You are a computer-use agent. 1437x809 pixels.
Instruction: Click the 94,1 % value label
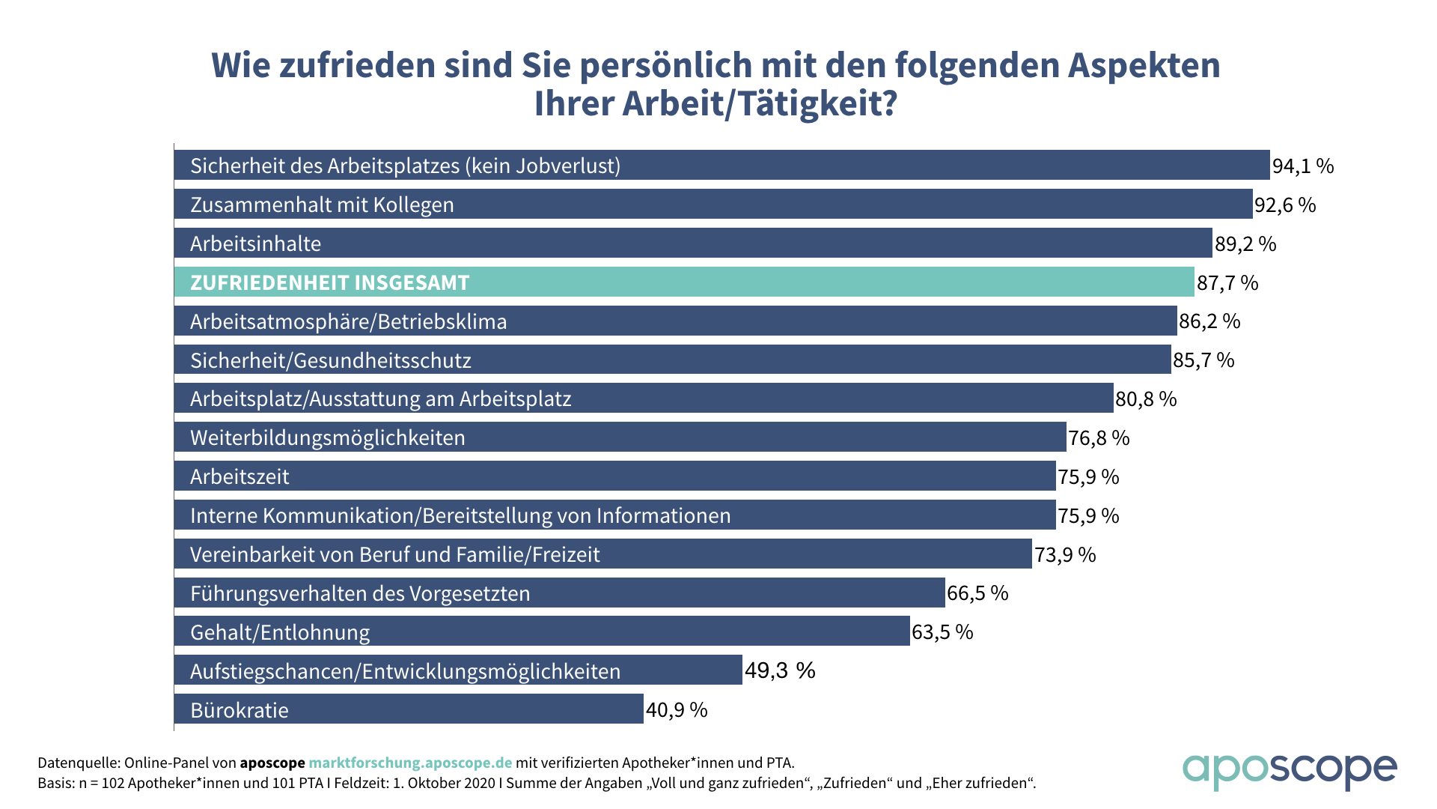click(x=1303, y=166)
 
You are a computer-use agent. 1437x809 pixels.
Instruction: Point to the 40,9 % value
click(x=677, y=710)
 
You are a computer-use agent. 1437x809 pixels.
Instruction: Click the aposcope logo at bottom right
click(x=1289, y=772)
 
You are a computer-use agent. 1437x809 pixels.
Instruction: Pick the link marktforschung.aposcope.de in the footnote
click(x=410, y=763)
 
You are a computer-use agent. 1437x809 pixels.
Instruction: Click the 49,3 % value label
click(x=780, y=670)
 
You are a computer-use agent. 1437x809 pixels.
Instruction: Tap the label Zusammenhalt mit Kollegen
click(x=322, y=205)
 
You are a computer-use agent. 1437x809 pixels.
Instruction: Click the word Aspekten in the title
click(x=1144, y=66)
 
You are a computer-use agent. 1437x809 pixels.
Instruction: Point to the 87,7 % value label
click(x=1227, y=283)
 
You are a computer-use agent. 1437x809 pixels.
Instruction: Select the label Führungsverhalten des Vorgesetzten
click(x=360, y=594)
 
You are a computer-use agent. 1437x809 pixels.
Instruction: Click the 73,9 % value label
click(x=1065, y=555)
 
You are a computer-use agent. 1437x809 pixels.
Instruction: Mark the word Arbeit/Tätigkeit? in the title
click(x=760, y=103)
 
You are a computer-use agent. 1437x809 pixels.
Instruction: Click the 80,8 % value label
click(x=1146, y=399)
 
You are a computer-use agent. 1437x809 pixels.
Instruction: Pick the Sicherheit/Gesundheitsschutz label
click(x=331, y=361)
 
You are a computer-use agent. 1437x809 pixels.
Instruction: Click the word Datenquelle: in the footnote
click(x=79, y=763)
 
